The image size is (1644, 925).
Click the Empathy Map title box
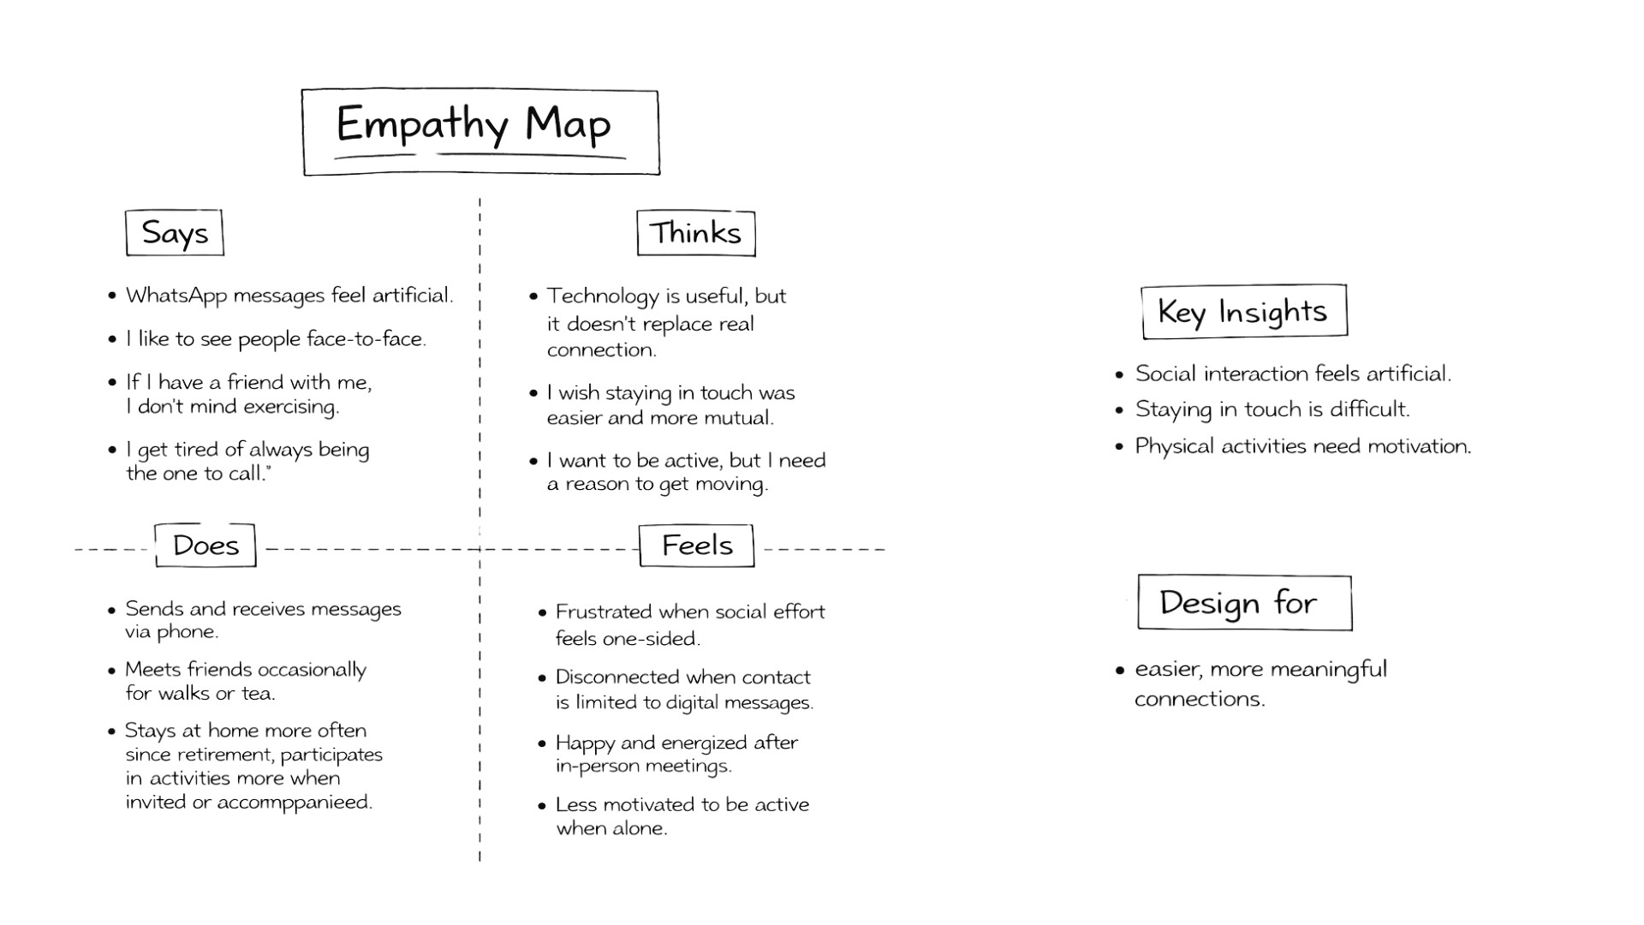pyautogui.click(x=480, y=132)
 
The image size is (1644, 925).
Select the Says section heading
pyautogui.click(x=175, y=233)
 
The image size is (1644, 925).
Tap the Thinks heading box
pyautogui.click(x=695, y=233)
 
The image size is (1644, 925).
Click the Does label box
pyautogui.click(x=205, y=546)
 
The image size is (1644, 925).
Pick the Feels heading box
pyautogui.click(x=697, y=546)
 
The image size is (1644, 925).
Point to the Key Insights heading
pyautogui.click(x=1243, y=312)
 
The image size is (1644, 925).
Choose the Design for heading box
pyautogui.click(x=1244, y=603)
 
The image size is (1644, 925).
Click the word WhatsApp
pyautogui.click(x=176, y=295)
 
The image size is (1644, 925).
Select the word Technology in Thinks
pyautogui.click(x=603, y=296)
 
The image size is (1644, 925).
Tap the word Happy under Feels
pyautogui.click(x=585, y=743)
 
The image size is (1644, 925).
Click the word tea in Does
pyautogui.click(x=257, y=693)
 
